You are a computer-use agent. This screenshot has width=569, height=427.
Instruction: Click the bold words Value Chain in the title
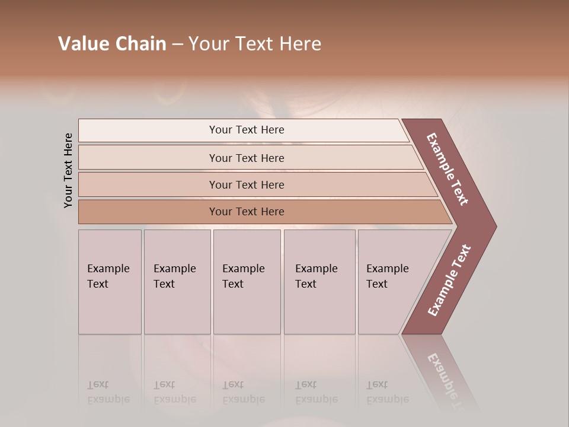[x=112, y=44]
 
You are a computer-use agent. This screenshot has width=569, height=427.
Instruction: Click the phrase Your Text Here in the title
[x=255, y=44]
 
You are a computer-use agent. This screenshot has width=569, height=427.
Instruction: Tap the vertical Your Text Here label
[x=68, y=171]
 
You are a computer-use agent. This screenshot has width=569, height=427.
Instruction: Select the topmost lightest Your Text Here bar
[x=246, y=130]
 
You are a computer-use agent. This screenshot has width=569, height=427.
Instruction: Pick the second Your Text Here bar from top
[x=246, y=158]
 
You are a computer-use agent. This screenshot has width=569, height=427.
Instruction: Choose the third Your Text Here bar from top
[x=246, y=184]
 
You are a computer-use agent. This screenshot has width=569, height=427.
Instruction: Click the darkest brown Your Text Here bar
[x=246, y=212]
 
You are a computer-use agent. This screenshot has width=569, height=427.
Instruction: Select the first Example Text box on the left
[x=110, y=282]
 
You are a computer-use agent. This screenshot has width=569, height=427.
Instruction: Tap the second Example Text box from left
[x=177, y=282]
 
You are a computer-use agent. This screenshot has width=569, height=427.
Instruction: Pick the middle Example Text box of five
[x=247, y=282]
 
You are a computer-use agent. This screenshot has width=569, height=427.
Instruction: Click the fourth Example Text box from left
[x=319, y=282]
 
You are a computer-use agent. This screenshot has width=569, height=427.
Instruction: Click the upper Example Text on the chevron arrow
[x=448, y=170]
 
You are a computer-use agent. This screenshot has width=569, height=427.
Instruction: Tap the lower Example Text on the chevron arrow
[x=449, y=280]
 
